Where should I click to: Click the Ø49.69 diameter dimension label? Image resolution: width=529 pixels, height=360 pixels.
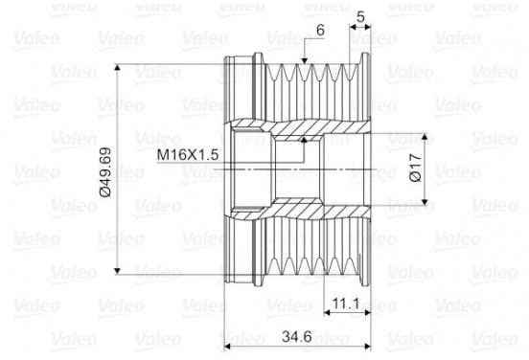[105, 172]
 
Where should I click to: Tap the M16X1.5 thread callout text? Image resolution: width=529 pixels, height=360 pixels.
[188, 155]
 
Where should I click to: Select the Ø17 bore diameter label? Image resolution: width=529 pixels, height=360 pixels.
[416, 168]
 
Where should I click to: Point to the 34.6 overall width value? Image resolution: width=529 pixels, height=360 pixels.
[297, 336]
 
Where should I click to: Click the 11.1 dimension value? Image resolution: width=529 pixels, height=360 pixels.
[346, 304]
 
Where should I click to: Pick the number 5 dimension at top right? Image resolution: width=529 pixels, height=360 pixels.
[360, 16]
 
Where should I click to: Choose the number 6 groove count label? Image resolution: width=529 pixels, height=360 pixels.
[320, 30]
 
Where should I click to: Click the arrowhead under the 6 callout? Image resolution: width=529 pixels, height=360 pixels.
[305, 60]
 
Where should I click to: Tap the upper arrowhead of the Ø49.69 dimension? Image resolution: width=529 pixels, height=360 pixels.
[117, 67]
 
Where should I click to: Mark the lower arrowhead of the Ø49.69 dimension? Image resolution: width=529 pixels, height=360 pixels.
[117, 271]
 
